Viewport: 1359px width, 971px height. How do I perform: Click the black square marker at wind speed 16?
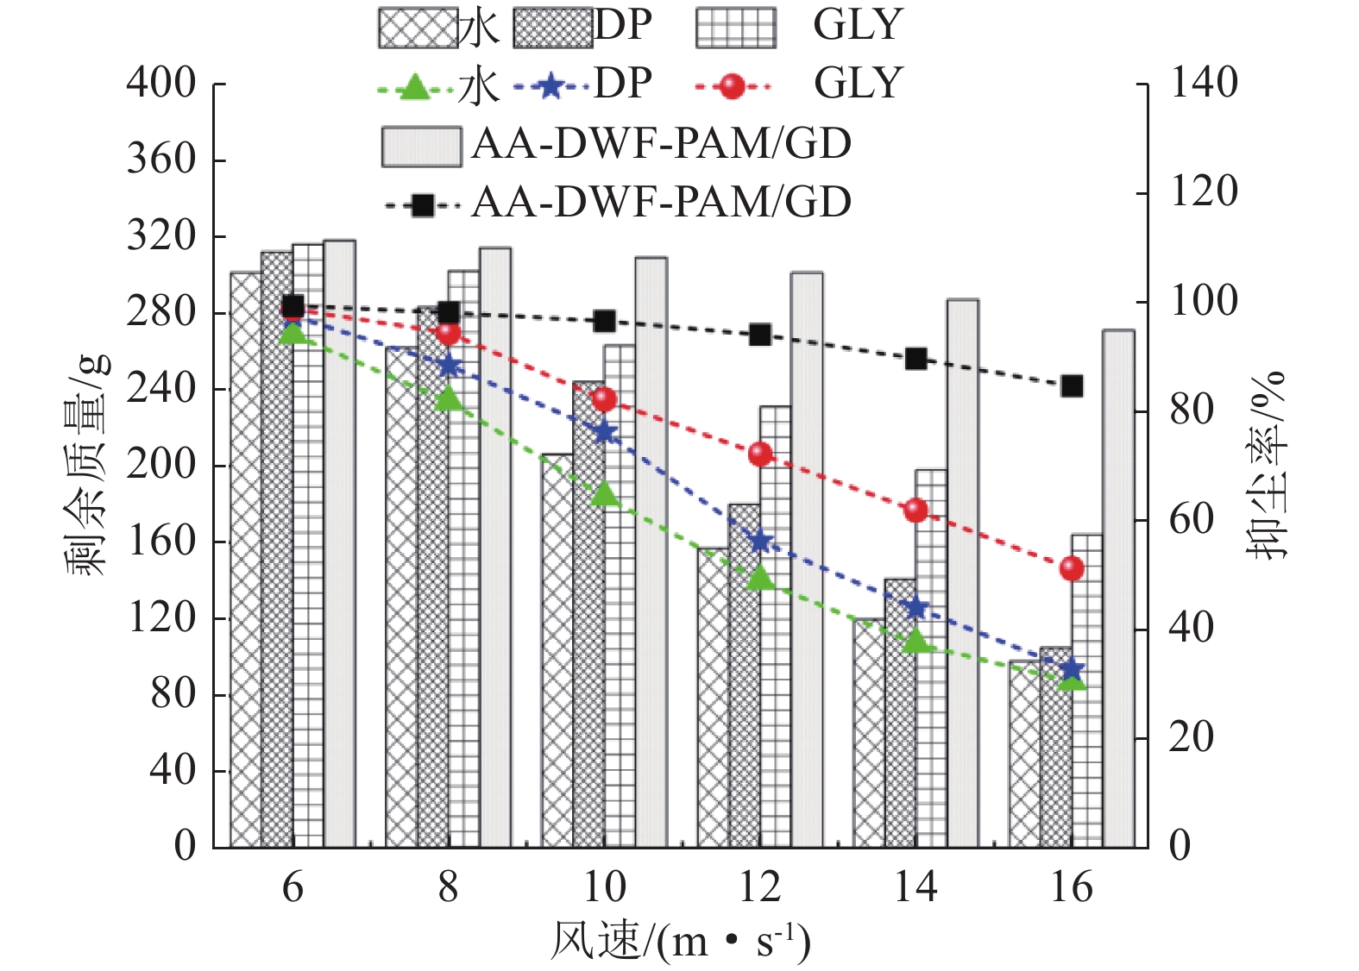(1072, 385)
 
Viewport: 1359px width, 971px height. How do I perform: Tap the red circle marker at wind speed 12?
(760, 454)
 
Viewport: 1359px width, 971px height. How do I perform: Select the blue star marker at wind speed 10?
(605, 432)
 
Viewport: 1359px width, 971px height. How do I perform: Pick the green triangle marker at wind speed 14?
(916, 641)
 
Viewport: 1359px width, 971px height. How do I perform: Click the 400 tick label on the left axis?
(161, 84)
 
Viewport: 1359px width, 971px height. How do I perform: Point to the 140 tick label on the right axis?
(1203, 84)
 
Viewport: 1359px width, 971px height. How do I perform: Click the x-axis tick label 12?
(760, 887)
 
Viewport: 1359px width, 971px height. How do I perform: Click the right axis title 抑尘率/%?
(1267, 466)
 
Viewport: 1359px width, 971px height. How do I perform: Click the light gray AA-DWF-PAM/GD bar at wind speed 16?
(1118, 586)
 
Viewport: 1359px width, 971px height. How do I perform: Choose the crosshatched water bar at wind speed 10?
(557, 655)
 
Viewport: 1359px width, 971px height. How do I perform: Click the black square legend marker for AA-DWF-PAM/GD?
(422, 205)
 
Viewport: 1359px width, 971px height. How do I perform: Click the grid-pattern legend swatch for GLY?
(736, 28)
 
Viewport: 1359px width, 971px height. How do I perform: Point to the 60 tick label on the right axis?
(1191, 521)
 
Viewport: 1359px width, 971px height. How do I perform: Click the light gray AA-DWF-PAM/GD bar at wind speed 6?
(339, 543)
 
